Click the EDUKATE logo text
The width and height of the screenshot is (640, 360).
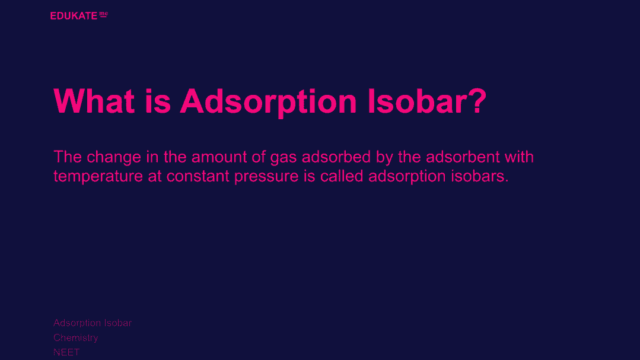(x=74, y=16)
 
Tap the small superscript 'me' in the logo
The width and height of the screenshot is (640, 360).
(x=104, y=14)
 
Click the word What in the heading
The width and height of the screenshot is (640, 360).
(x=94, y=101)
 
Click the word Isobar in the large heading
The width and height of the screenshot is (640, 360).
(x=416, y=101)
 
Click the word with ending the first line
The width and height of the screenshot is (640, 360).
(x=519, y=157)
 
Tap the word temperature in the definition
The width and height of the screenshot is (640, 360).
(x=98, y=177)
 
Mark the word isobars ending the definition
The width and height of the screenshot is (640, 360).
(x=480, y=176)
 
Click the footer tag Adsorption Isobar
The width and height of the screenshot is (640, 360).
(x=93, y=323)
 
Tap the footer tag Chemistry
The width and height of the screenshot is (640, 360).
(x=76, y=338)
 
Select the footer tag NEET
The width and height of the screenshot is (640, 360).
(x=66, y=352)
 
